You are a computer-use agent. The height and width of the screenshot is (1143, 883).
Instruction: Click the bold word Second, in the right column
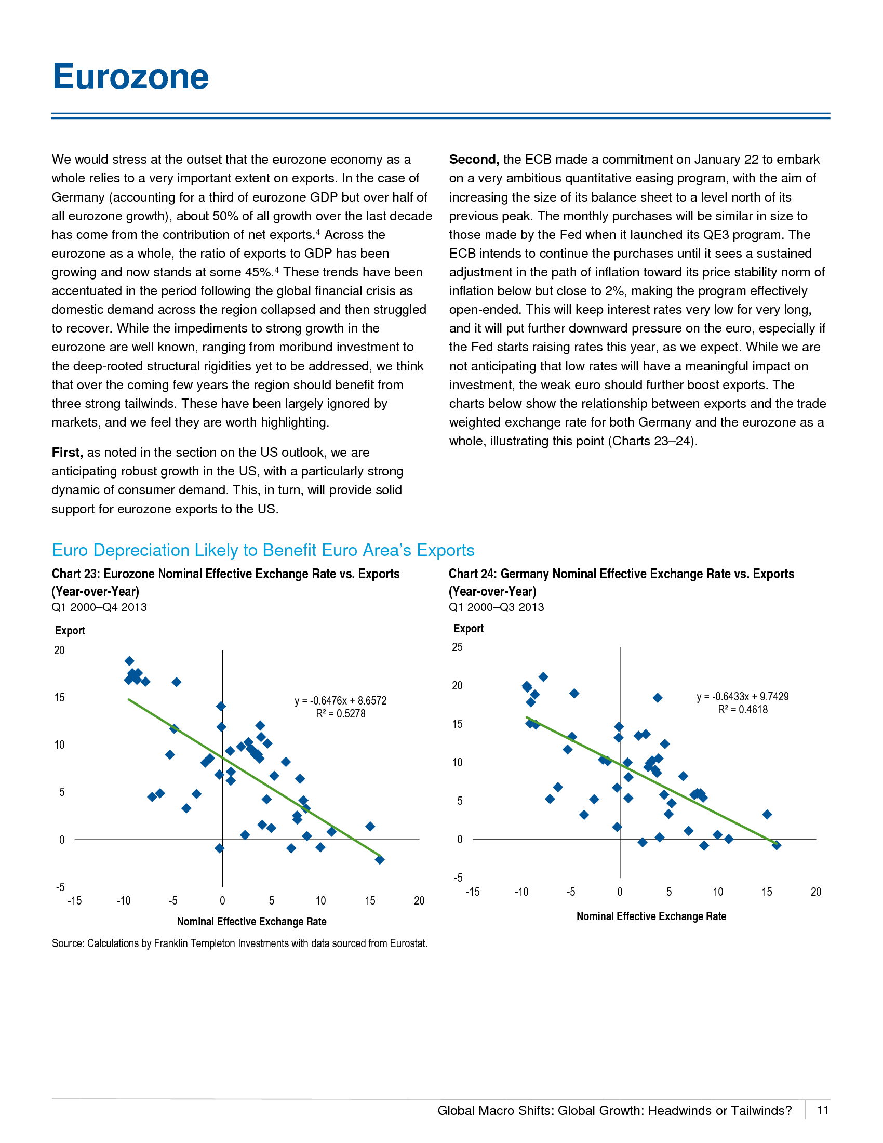tap(474, 160)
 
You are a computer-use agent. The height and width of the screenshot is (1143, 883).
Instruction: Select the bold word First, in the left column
tap(67, 453)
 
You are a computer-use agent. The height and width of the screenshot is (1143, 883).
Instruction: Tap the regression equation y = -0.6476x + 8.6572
tap(341, 701)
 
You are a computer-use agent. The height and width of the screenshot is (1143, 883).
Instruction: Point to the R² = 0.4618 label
tap(743, 710)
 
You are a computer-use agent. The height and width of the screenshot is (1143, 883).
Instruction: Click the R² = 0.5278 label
tap(341, 714)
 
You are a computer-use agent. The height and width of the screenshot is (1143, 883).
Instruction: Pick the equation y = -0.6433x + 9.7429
tap(743, 697)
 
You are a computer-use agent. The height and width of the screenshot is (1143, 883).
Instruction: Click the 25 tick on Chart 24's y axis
tap(457, 647)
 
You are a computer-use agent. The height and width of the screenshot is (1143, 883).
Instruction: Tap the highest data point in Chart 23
tap(130, 661)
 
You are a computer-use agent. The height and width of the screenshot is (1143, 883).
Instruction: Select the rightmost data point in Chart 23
tap(380, 860)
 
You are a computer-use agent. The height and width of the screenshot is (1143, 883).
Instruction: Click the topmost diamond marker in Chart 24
tap(543, 677)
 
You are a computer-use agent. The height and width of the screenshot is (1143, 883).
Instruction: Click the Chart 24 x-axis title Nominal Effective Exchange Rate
tap(651, 916)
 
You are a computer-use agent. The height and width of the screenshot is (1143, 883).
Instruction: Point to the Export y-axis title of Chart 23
tap(70, 631)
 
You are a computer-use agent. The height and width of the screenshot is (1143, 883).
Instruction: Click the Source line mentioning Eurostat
tap(239, 943)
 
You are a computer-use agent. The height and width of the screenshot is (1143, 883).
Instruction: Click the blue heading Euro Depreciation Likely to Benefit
tap(263, 551)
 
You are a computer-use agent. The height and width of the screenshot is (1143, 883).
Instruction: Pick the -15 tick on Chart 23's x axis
tap(75, 901)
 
